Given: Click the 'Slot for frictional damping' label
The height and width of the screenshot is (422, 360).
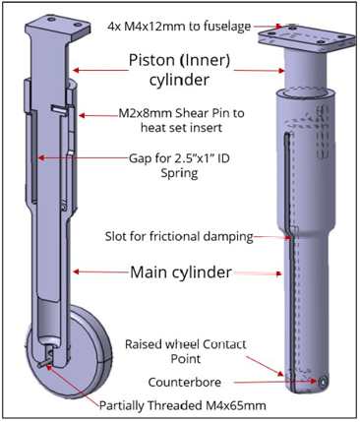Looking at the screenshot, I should tap(177, 236).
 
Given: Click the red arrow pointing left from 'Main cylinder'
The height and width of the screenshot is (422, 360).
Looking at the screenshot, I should tap(99, 272).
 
